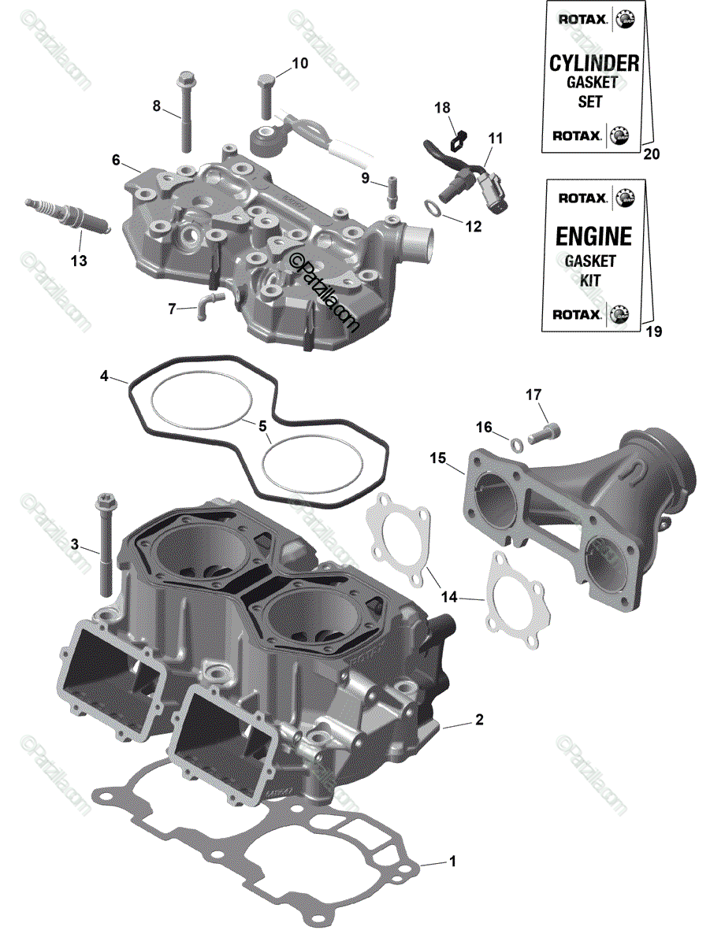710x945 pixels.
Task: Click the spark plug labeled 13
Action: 67,216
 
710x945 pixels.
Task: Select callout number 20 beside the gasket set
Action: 651,154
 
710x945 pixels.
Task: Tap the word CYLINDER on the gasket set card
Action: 593,63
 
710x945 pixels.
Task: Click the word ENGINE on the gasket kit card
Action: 593,236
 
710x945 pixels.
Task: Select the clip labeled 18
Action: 455,141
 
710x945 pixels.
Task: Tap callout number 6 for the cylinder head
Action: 116,160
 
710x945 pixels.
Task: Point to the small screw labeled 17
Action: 547,431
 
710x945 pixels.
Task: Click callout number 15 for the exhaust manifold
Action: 437,457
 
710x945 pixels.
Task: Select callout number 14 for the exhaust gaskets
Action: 448,597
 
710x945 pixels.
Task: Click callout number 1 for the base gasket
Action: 452,861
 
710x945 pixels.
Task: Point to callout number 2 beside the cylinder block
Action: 478,720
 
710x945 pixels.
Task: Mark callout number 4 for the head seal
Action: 103,376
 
